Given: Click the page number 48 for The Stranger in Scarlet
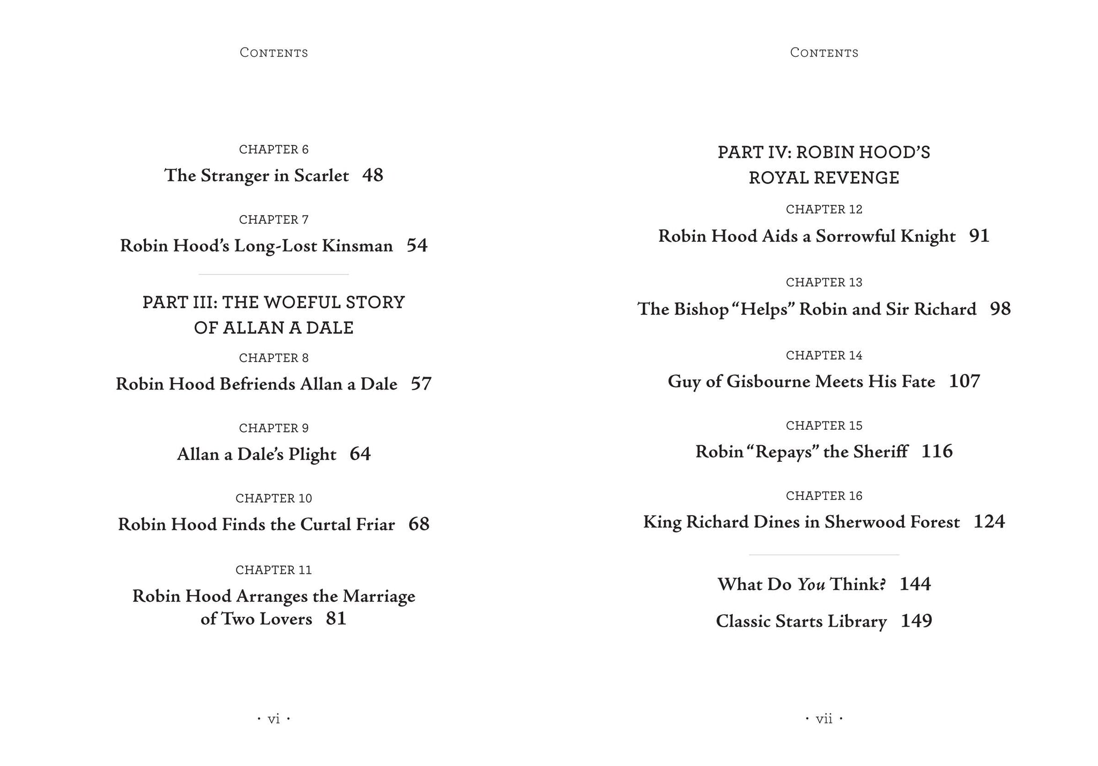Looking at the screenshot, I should pos(373,175).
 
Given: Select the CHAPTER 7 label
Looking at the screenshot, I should pos(273,219).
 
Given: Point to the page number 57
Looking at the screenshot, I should pos(421,384).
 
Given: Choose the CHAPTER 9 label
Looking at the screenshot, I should pos(273,428).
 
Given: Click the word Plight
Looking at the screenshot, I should pos(312,455).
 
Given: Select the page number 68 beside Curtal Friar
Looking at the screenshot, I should pos(419,525).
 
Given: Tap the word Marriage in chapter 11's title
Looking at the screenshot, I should pos(379,596).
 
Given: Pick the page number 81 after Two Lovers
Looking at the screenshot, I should pos(336,619).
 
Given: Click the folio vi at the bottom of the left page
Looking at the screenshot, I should pos(273,719).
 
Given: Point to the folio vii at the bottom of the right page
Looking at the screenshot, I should pos(823,719).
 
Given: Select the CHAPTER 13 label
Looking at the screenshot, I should pos(824,282).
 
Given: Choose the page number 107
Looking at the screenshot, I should pos(965,381).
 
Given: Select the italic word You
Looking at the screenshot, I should pos(811,584).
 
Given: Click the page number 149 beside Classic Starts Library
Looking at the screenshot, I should pos(916,621).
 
